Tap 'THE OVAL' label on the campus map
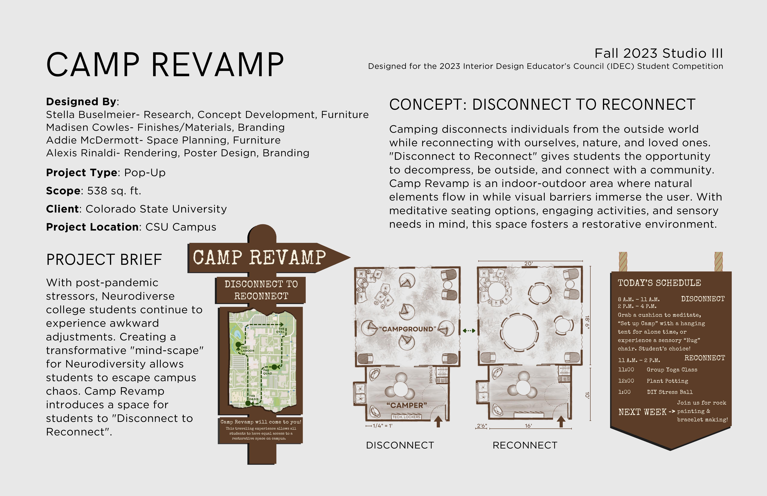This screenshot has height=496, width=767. tap(280, 330)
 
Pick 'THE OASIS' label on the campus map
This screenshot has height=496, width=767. tap(253, 397)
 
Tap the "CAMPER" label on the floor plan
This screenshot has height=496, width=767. tap(407, 405)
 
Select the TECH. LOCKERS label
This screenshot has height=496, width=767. tap(406, 417)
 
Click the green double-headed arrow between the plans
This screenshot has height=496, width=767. tap(469, 331)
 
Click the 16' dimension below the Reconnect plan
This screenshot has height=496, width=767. tap(528, 426)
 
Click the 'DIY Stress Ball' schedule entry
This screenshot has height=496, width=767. tap(670, 392)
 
